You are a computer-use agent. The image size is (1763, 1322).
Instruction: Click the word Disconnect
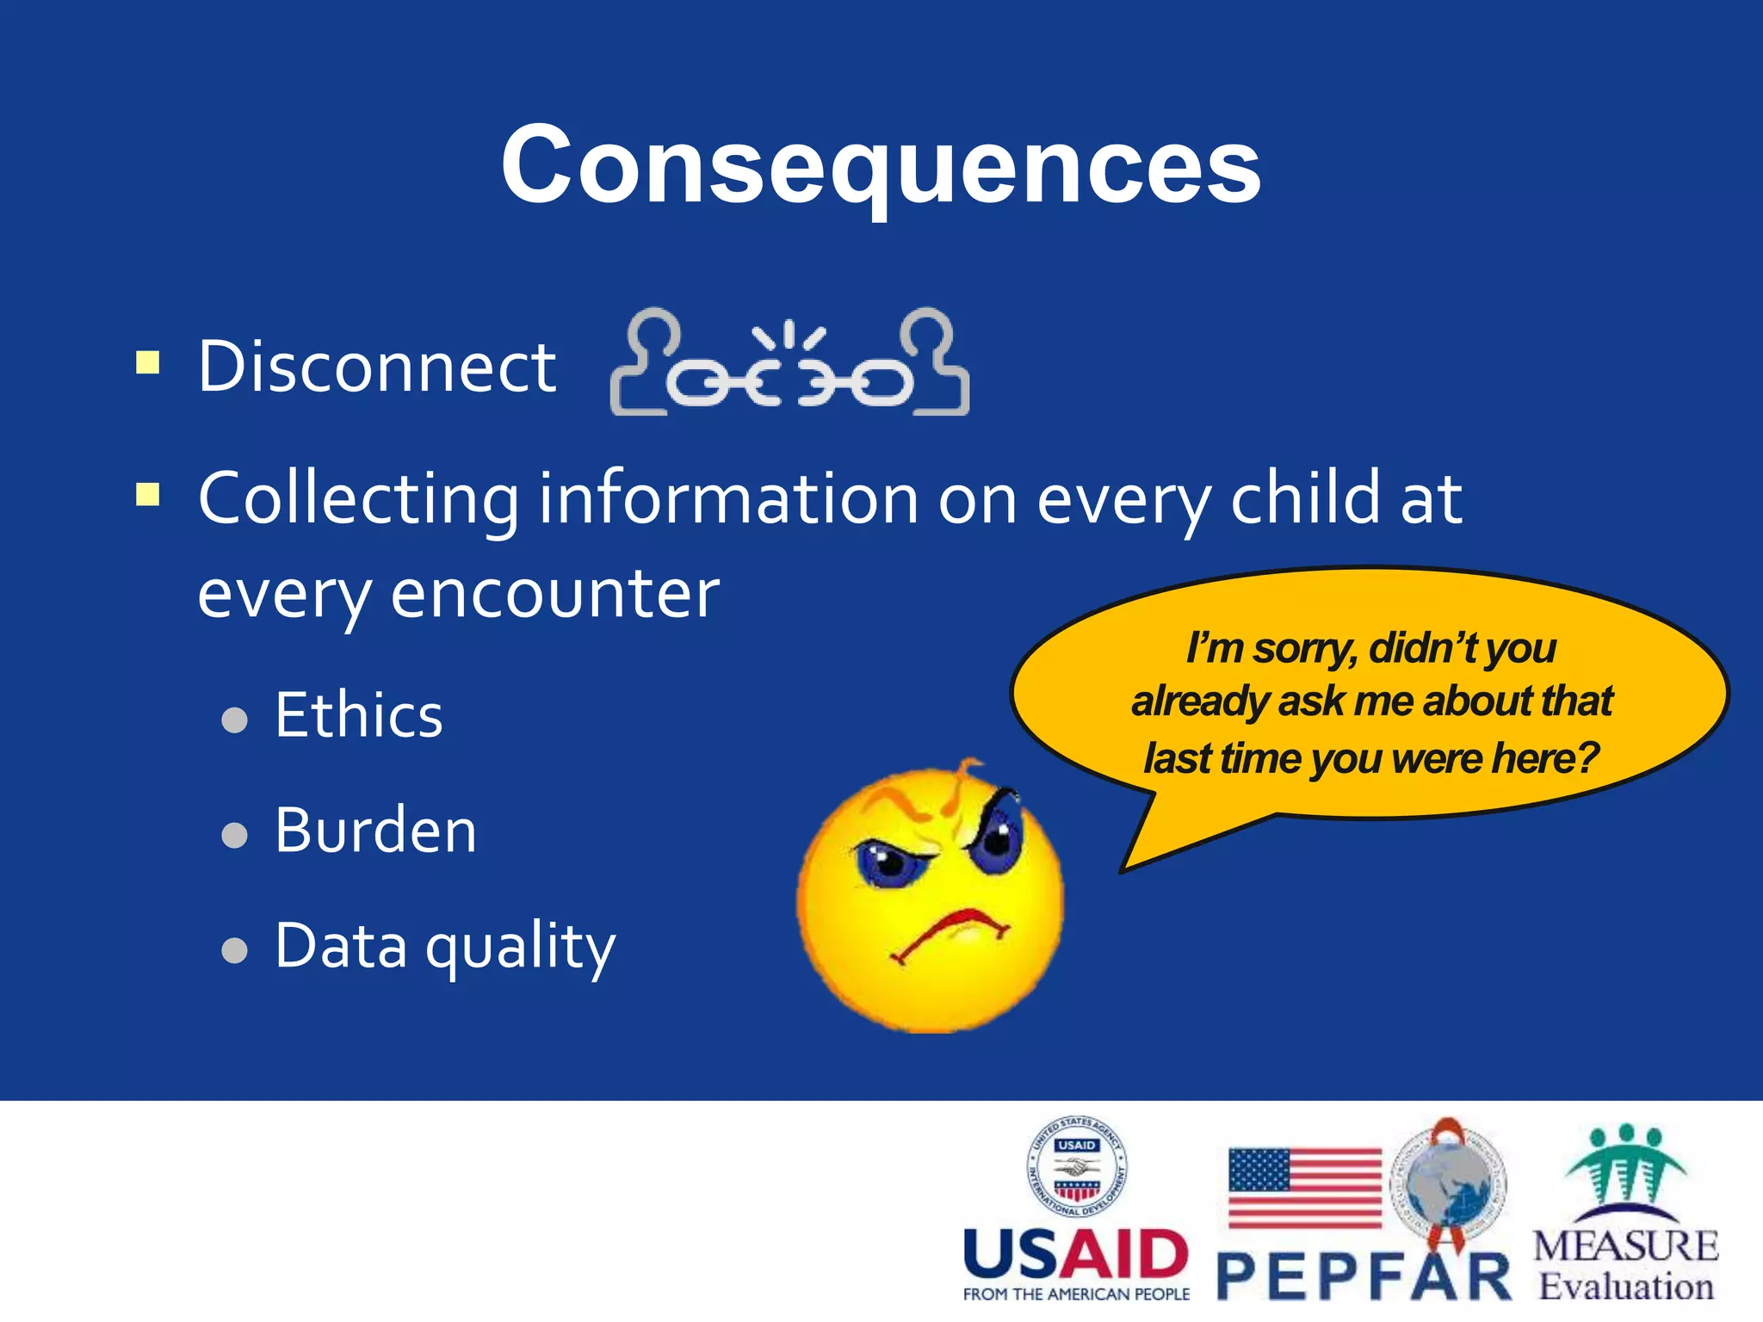click(x=376, y=367)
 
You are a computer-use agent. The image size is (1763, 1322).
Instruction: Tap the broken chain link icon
click(x=789, y=365)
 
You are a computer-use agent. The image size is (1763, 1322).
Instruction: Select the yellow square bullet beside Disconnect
click(x=148, y=362)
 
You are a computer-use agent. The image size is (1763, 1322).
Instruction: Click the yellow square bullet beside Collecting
click(x=148, y=495)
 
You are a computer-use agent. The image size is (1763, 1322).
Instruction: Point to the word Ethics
click(x=358, y=715)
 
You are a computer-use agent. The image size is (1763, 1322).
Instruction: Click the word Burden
click(x=375, y=831)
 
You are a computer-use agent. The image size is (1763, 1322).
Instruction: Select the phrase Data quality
click(x=445, y=946)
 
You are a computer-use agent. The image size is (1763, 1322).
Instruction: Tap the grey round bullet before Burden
click(x=234, y=834)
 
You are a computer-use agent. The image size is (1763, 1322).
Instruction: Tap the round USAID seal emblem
click(x=1076, y=1167)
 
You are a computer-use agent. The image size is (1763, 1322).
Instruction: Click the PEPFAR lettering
click(x=1364, y=1277)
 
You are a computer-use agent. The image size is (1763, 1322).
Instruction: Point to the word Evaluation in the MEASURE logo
click(x=1625, y=1287)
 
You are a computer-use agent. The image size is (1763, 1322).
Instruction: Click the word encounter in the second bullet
click(x=554, y=594)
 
